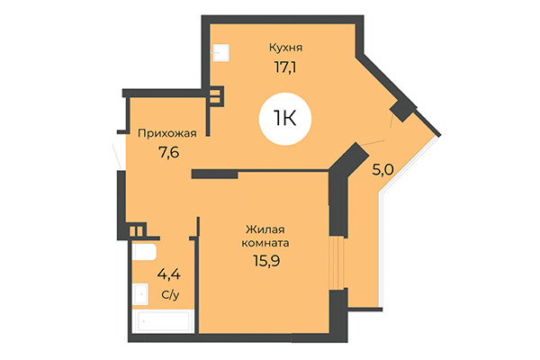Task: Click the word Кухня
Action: (285, 47)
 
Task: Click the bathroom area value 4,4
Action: (168, 274)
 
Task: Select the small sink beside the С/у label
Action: (141, 292)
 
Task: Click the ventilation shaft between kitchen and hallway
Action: (216, 95)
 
